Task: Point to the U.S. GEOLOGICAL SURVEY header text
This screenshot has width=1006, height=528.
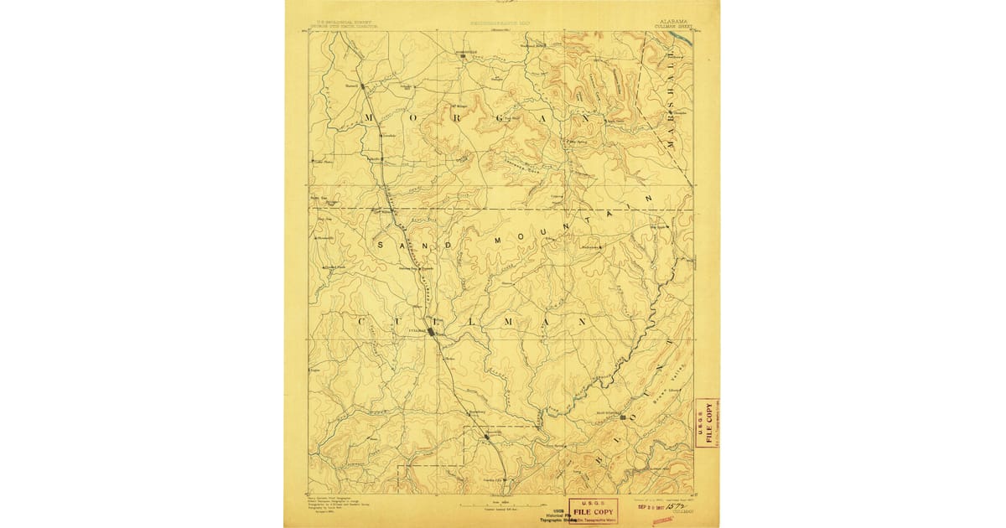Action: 343,25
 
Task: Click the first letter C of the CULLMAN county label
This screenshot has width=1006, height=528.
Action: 362,322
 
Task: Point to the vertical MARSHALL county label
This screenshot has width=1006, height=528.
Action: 671,101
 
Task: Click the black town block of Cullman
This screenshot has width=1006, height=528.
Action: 431,332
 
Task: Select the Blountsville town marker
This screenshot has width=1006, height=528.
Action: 623,417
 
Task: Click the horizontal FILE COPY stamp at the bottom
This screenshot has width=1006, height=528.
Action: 594,510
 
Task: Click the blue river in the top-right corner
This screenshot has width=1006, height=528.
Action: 683,38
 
